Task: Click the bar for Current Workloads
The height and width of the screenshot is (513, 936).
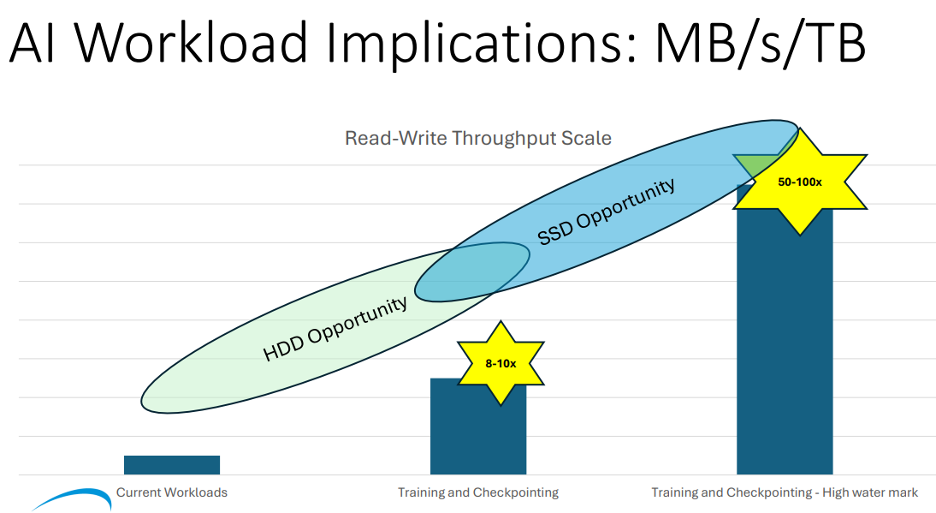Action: point(171,464)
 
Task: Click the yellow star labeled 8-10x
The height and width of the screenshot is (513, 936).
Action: point(501,363)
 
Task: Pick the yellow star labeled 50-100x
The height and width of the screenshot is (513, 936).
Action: point(800,182)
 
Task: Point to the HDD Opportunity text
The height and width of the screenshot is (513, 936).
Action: point(335,329)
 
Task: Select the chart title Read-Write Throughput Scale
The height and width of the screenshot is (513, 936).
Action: point(477,138)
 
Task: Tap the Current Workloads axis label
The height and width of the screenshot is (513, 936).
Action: point(172,492)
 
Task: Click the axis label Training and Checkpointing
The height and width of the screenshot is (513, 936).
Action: point(477,492)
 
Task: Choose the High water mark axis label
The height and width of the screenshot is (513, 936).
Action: point(785,492)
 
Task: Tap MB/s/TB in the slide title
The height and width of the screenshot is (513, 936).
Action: point(760,43)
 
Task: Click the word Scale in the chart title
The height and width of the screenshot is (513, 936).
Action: point(589,138)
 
